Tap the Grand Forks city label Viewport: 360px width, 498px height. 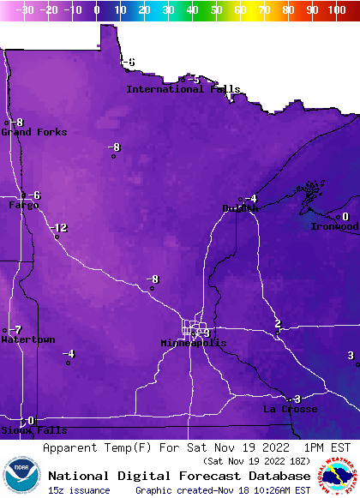coord(27,132)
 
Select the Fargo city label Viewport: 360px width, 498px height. coord(23,206)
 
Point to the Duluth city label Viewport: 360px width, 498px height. coord(240,208)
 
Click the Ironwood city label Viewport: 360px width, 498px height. coord(333,226)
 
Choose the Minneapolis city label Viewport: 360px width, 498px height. coord(194,343)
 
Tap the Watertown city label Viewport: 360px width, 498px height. coord(27,339)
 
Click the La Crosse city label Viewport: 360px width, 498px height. coord(290,410)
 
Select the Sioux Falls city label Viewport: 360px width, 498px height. coord(21,430)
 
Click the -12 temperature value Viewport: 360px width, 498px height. coord(58,227)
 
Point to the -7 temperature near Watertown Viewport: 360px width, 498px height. coord(16,330)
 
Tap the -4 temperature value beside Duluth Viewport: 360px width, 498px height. coord(250,199)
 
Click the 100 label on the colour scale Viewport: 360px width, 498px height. coord(337,9)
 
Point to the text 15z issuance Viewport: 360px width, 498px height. coord(79,490)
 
